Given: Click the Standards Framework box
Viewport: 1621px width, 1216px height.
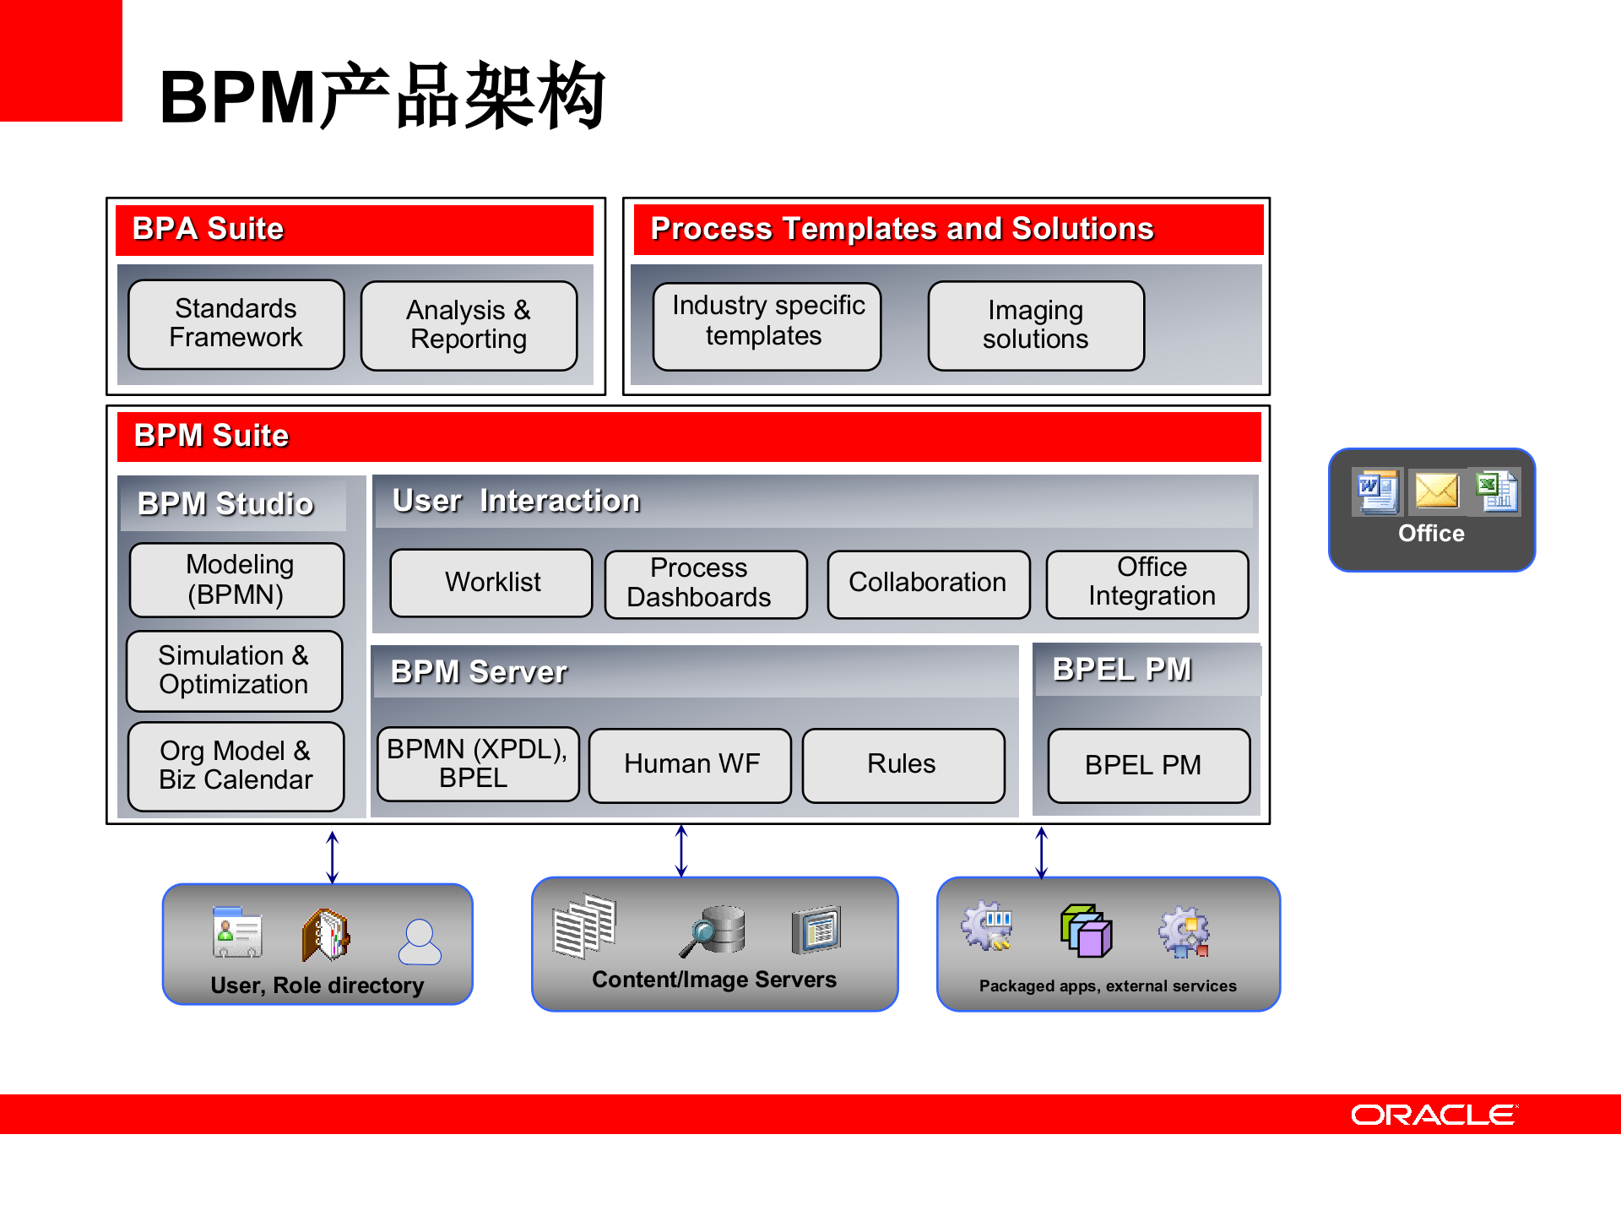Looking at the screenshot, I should coord(236,324).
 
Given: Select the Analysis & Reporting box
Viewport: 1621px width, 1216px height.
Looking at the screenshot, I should coord(469,325).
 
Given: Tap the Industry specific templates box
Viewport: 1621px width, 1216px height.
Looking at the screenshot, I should coord(767,326).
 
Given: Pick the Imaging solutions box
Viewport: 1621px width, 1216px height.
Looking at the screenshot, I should coord(1036,325).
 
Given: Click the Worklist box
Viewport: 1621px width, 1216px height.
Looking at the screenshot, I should coord(491,583).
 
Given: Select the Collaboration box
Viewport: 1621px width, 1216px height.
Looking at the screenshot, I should coord(928,584).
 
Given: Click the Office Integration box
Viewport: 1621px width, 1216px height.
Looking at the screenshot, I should coord(1147,584).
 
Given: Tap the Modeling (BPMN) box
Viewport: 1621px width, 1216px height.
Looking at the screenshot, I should coord(237,580).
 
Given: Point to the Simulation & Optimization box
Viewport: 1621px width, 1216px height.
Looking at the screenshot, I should coord(235,670).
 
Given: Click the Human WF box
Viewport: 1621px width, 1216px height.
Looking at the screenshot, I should coord(690,765).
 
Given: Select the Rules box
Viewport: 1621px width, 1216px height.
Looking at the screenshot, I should coord(903,765).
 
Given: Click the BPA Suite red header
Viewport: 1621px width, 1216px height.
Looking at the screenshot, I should coord(355,230).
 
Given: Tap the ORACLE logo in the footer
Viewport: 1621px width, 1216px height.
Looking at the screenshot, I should coord(1433,1115).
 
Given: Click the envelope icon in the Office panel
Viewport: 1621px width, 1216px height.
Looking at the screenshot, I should coord(1436,491).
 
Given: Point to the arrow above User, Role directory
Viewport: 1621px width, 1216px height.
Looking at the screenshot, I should coord(333,857).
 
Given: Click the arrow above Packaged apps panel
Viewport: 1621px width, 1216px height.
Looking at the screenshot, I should coord(1042,853).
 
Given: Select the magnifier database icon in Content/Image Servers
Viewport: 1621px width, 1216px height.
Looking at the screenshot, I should coord(714,931).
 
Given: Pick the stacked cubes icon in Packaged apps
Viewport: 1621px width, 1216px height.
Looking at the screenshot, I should coord(1087,931).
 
